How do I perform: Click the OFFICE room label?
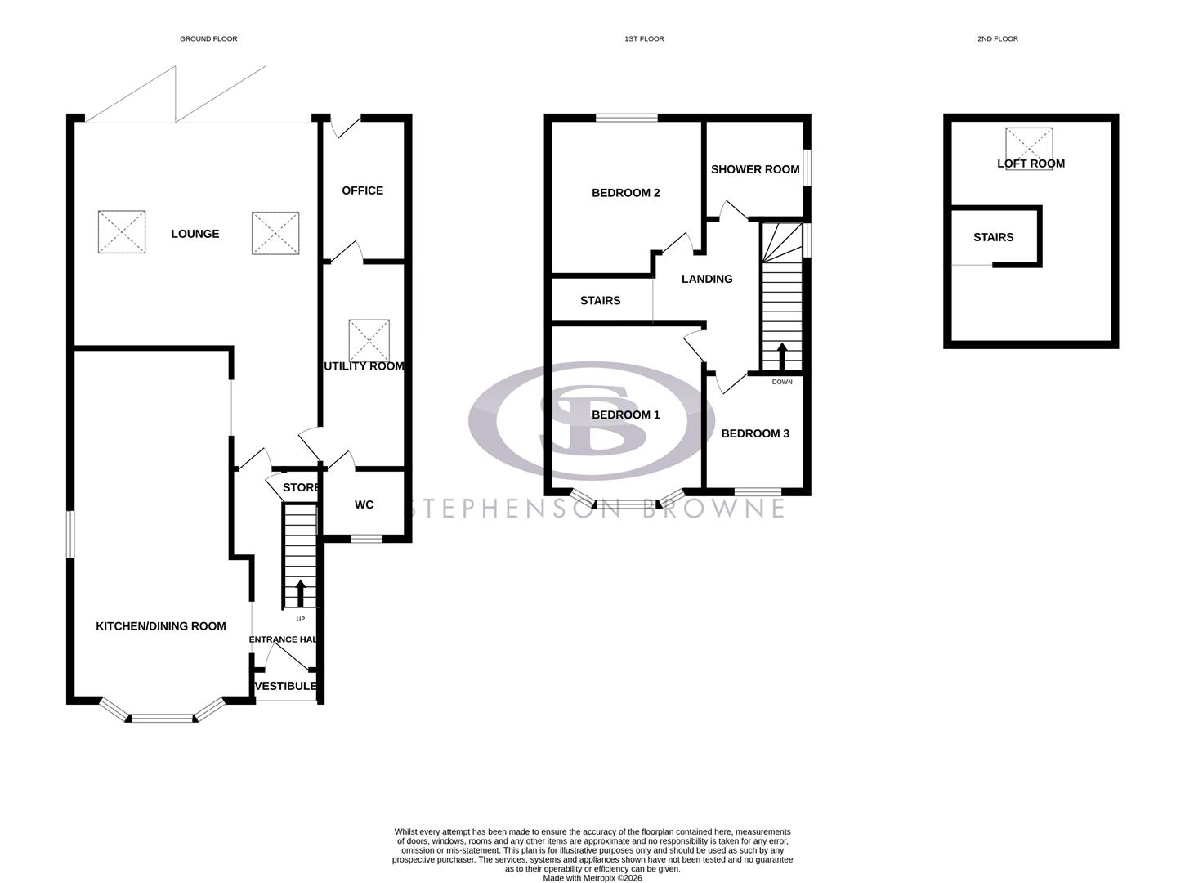(362, 190)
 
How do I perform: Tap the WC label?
(364, 504)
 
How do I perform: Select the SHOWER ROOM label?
(755, 169)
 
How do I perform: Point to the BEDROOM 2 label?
(625, 193)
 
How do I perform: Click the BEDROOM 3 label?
(755, 433)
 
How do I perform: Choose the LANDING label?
(707, 279)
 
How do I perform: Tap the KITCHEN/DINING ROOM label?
(161, 626)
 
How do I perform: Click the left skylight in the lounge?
(122, 232)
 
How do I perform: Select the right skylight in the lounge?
(275, 233)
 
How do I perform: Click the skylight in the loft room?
(1029, 148)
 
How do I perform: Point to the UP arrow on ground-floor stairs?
(300, 593)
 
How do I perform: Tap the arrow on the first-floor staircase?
(781, 356)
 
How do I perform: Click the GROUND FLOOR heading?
(208, 38)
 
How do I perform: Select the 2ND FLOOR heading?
(997, 38)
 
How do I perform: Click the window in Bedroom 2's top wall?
(627, 118)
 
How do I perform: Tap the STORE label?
(300, 488)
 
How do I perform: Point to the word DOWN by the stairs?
(782, 382)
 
